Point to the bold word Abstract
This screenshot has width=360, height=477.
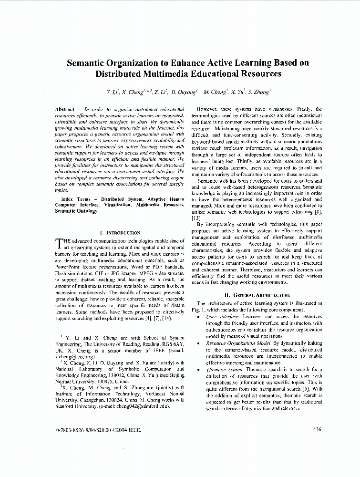tap(65, 109)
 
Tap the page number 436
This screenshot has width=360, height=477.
tap(317, 429)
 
